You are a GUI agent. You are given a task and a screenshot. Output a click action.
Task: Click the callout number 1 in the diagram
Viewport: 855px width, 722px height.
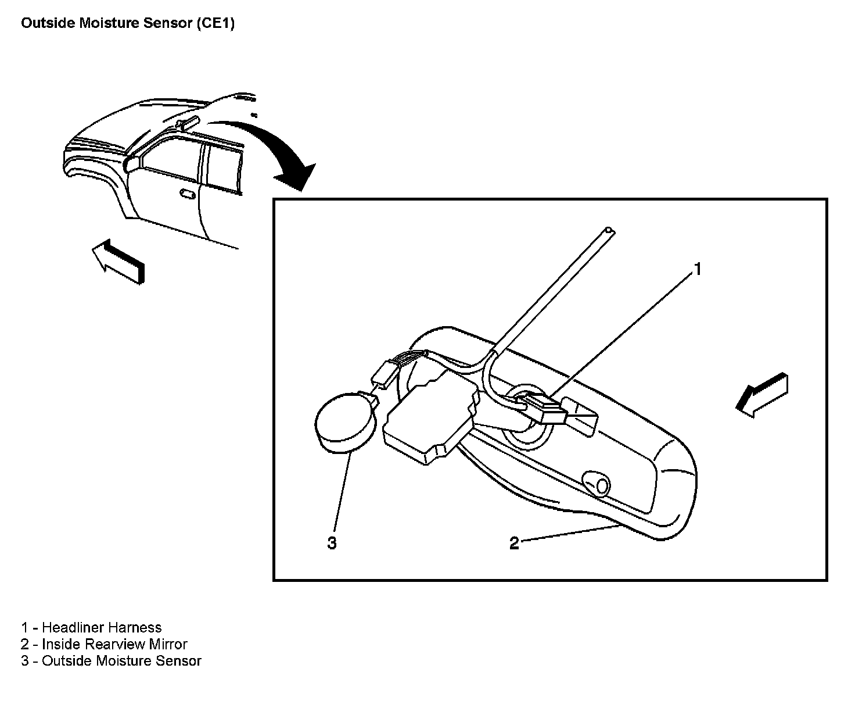tap(698, 269)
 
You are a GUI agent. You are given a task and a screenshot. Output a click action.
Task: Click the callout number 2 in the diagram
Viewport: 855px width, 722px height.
tap(514, 544)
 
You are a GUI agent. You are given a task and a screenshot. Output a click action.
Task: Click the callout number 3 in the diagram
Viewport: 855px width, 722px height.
tap(332, 544)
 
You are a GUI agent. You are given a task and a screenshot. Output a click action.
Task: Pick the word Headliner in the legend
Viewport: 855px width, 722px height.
tap(73, 628)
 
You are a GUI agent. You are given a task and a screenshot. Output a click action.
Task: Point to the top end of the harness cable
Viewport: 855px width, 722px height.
tap(608, 231)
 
